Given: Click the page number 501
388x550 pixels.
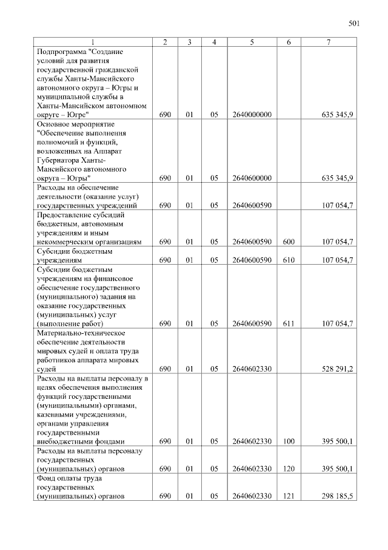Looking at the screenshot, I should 355,24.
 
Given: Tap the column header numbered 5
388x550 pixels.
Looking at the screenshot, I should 251,42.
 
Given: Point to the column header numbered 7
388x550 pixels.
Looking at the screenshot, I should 328,42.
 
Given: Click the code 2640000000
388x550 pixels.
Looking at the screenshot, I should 251,114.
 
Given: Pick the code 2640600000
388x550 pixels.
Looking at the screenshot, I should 251,178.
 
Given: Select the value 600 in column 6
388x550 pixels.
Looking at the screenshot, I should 289,242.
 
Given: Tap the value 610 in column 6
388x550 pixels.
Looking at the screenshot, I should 289,260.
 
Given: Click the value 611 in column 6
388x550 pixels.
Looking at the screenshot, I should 289,324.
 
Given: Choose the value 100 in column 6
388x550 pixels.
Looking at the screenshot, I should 289,441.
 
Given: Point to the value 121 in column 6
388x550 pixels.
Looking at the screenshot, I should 289,496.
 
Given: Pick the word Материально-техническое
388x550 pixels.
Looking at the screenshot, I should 81,333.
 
